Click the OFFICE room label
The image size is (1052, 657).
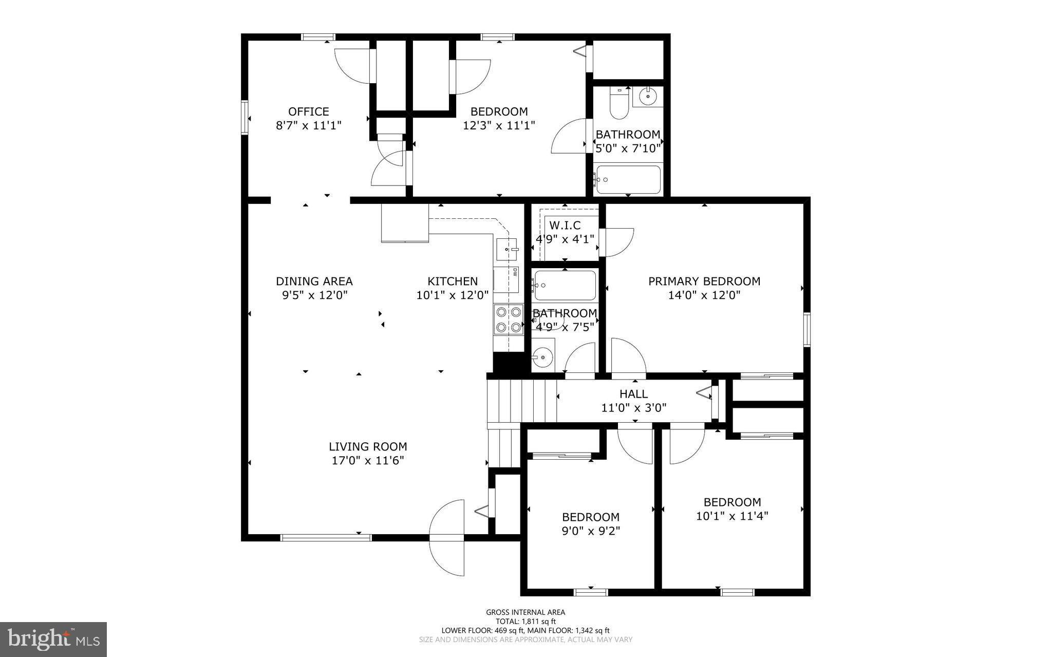pos(308,111)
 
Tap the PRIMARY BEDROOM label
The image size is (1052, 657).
pos(704,281)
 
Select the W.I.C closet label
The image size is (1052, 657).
pos(565,225)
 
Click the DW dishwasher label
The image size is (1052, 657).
pos(514,273)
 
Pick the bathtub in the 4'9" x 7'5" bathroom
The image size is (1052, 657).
pos(565,286)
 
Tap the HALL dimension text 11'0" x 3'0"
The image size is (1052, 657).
pos(634,408)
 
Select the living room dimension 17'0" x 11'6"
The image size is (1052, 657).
pos(368,460)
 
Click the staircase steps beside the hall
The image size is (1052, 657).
pos(521,401)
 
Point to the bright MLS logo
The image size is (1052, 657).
pos(53,639)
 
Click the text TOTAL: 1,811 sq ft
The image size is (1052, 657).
pos(525,621)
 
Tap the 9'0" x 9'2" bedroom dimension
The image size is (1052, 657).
pos(591,531)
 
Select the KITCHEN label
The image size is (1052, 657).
pos(453,281)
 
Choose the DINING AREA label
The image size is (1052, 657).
pos(314,281)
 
